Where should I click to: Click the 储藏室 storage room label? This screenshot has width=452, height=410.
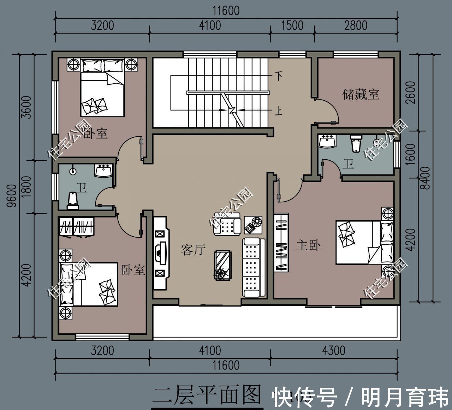point(361,94)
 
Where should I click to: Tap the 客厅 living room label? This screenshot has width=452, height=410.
point(193,250)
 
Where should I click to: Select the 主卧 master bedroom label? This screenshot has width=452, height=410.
point(308,245)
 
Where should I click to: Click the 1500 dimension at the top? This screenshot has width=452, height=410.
point(292,25)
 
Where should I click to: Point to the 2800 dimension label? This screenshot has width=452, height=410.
point(355,25)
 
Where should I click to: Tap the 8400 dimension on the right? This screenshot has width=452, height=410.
point(427,178)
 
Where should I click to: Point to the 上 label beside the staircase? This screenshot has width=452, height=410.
point(279,112)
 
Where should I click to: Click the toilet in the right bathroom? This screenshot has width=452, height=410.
point(355,143)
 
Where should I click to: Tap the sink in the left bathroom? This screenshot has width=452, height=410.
point(103,171)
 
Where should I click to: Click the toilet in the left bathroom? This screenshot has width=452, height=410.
point(73,201)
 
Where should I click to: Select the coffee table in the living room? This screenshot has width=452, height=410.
point(222,265)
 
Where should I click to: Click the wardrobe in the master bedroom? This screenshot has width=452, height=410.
point(281,242)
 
